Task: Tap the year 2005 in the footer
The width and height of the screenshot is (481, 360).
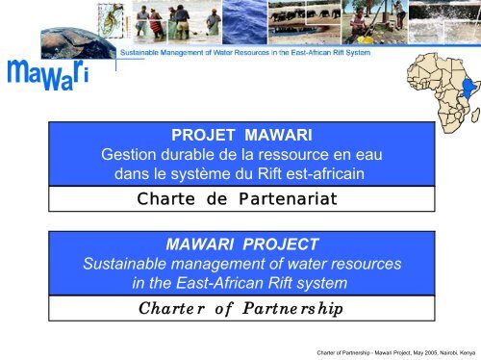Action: click(x=417, y=350)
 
